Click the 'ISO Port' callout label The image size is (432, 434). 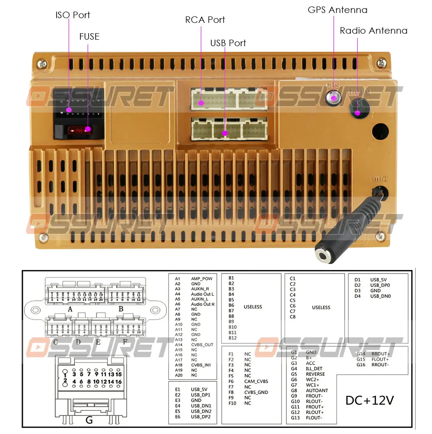point(73,15)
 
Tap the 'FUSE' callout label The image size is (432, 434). point(89,37)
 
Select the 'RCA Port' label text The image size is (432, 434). point(205,20)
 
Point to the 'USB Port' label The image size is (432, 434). point(228,43)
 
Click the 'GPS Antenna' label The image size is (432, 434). point(337,10)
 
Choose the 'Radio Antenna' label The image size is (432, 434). point(373,31)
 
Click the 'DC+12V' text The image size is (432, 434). point(369,400)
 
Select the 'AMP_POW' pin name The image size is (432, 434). point(202,279)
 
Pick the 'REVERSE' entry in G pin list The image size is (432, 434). point(315,374)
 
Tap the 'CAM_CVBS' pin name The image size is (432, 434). point(256,381)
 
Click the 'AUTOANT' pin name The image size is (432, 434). point(317,390)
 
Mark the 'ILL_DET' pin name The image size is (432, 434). point(314,369)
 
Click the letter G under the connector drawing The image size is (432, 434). point(89,419)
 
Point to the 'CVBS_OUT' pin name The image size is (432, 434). point(202,345)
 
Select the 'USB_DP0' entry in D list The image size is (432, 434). point(380,285)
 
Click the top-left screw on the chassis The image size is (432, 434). point(42,64)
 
